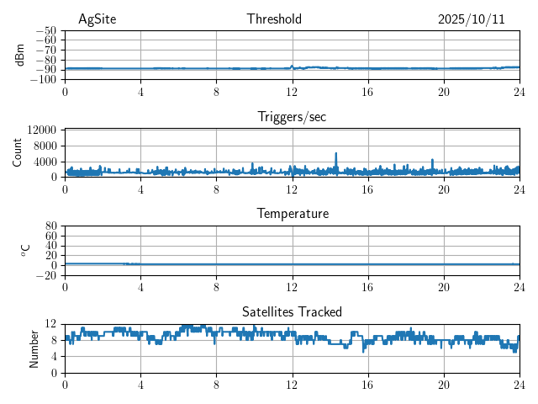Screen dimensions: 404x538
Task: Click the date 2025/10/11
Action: [x=471, y=19]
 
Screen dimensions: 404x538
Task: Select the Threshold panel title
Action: [x=274, y=19]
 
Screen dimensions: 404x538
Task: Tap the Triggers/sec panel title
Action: [x=292, y=117]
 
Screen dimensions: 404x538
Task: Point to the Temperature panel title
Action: [x=292, y=214]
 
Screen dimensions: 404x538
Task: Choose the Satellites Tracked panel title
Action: [x=292, y=311]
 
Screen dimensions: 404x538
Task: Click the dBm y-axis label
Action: [x=20, y=55]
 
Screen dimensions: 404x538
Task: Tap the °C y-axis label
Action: [x=25, y=250]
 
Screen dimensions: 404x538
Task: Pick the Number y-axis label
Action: [x=34, y=348]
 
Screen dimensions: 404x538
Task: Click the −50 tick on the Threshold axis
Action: [x=45, y=30]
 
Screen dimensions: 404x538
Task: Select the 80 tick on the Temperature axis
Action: [x=50, y=226]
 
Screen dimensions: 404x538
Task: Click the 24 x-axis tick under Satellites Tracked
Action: [x=519, y=384]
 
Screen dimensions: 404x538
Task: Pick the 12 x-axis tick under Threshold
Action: [x=292, y=91]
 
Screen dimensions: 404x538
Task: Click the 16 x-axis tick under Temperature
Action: [x=367, y=286]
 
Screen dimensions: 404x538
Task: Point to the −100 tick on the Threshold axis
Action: [x=43, y=79]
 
